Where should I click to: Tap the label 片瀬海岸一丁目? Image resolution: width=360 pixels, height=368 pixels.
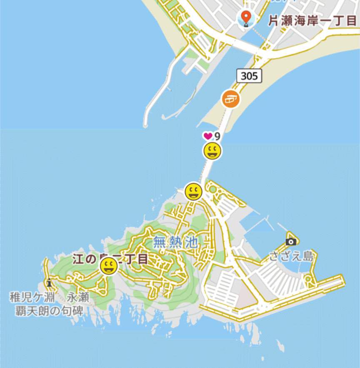click(312, 21)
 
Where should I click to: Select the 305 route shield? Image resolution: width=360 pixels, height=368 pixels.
click(250, 76)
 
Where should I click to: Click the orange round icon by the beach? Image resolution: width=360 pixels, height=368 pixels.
click(231, 99)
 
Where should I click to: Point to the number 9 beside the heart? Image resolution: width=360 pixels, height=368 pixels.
click(217, 136)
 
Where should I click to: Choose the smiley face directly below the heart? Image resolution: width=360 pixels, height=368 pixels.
click(212, 151)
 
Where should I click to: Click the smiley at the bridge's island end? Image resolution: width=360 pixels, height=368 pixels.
click(193, 192)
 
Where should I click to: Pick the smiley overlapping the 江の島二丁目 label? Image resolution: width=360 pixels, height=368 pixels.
click(109, 266)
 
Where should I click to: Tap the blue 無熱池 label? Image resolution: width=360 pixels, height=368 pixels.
click(175, 242)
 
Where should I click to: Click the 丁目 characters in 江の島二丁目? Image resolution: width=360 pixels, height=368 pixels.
click(135, 259)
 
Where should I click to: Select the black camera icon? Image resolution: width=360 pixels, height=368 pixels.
click(291, 241)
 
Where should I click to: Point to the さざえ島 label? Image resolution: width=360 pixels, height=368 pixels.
click(291, 256)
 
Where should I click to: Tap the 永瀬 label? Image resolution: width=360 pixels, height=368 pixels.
click(78, 297)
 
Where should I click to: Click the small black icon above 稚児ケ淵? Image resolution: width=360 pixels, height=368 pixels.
click(50, 283)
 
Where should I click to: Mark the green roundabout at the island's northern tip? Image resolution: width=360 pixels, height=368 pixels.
click(213, 189)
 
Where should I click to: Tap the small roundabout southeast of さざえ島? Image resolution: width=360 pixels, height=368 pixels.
click(308, 280)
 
